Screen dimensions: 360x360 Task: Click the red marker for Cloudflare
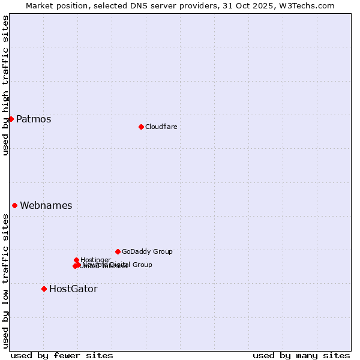click(x=141, y=127)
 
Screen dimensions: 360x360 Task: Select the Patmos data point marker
click(x=11, y=119)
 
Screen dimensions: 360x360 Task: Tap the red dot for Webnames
click(x=14, y=205)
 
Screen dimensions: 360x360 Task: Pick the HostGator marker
click(x=44, y=289)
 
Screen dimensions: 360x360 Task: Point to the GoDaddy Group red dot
click(x=118, y=251)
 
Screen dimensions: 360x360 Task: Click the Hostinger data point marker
click(x=76, y=260)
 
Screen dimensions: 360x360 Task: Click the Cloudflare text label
click(x=161, y=127)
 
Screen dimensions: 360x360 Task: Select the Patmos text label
click(x=34, y=119)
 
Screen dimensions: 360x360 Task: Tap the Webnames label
click(x=46, y=205)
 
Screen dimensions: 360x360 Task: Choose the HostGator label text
click(x=73, y=289)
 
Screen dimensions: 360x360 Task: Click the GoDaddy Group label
click(x=147, y=251)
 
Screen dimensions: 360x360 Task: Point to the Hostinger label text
click(x=96, y=260)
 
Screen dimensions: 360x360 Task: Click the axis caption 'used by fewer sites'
click(x=62, y=355)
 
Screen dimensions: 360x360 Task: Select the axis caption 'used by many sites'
click(x=301, y=355)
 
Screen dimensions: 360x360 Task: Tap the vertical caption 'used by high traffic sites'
click(x=5, y=85)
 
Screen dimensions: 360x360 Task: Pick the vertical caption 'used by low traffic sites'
click(x=5, y=281)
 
